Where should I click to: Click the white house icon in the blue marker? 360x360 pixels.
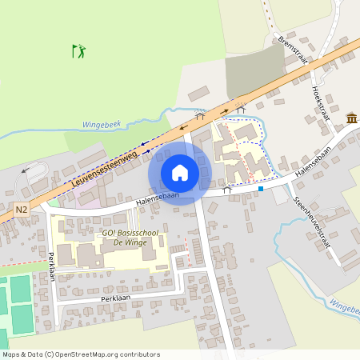[x=180, y=172]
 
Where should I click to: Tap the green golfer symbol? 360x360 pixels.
[x=78, y=51]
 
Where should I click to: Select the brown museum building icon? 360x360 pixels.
[x=351, y=119]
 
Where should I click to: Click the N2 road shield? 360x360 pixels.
[x=22, y=208]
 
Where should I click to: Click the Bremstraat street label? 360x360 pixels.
[x=293, y=52]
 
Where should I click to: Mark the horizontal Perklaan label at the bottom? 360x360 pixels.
[x=115, y=298]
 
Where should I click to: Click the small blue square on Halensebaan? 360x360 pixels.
[x=261, y=190]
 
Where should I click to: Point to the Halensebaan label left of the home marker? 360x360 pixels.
[x=157, y=198]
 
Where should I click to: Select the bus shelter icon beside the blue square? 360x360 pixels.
[x=228, y=190]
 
